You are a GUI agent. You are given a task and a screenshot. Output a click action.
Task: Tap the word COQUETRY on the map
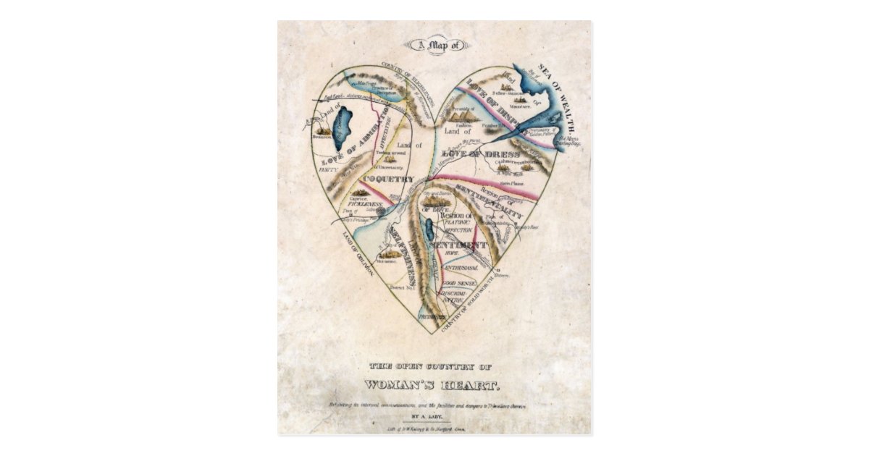[x=388, y=179]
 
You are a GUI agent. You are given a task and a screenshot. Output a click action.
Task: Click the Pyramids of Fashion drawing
[x=458, y=114]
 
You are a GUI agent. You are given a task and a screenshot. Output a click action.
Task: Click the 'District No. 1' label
[x=400, y=287]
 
